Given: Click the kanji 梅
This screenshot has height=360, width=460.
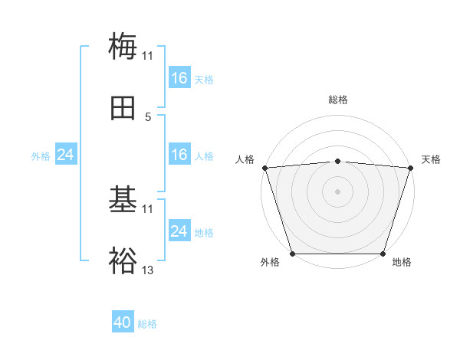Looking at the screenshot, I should (x=123, y=45).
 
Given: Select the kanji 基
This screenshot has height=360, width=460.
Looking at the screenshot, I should (x=123, y=200).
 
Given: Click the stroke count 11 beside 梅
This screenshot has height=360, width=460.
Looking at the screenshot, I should (x=147, y=56).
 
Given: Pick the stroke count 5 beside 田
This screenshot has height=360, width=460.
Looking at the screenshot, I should (x=148, y=117).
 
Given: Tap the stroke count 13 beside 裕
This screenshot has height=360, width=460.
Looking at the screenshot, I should (x=148, y=270).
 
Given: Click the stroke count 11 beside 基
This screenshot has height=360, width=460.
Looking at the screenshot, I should (x=148, y=208).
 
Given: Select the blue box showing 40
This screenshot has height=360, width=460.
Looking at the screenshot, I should (x=123, y=322).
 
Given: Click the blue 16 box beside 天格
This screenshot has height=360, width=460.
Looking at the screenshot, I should (x=179, y=78).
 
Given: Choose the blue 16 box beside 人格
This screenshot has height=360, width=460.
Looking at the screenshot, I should (x=179, y=155).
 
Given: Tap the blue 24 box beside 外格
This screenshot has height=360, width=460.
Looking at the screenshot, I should (x=66, y=155).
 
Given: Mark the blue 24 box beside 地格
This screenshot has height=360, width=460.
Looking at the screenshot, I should (x=179, y=231).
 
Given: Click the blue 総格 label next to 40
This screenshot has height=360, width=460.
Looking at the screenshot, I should (x=147, y=324).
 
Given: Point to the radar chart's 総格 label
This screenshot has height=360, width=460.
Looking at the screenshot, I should (x=338, y=100).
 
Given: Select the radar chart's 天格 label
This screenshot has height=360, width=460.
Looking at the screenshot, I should (x=432, y=159).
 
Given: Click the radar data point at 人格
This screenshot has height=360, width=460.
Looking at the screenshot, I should (x=264, y=168).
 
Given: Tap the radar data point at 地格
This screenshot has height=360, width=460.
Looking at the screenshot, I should (x=383, y=254).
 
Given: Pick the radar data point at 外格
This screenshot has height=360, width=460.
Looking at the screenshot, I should (x=292, y=254).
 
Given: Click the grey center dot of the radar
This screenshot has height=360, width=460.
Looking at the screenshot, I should (x=338, y=191).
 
